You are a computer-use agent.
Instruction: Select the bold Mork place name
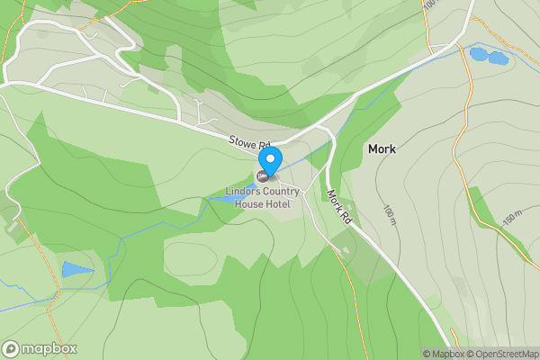[x=382, y=148]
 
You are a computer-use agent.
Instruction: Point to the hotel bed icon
[x=263, y=175]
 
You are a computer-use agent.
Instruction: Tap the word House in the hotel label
[x=250, y=204]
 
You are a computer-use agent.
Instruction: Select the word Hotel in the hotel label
[x=285, y=204]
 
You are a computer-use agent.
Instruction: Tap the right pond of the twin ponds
[x=497, y=58]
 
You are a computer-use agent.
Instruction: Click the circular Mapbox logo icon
[x=12, y=348]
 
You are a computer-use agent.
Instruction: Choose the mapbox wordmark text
[x=49, y=348]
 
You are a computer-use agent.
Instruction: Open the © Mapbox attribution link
[x=443, y=354]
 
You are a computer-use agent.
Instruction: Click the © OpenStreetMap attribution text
[x=501, y=354]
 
